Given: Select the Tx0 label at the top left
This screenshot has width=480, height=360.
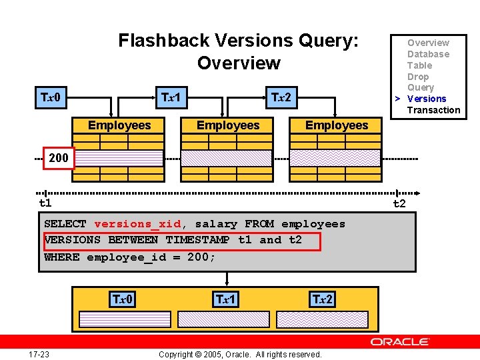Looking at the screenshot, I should [x=51, y=98].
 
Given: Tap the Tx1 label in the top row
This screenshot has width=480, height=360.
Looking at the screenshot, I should [x=171, y=98].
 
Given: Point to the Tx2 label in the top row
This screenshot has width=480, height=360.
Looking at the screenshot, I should [x=281, y=98].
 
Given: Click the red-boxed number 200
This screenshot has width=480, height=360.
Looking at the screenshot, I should [x=59, y=158].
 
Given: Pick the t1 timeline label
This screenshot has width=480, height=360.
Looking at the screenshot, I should [x=45, y=203].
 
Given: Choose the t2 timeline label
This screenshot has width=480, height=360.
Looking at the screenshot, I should [x=399, y=203].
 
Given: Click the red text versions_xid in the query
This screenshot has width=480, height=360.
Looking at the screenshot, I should [x=137, y=224].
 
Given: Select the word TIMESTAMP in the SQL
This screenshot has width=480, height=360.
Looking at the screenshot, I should [x=198, y=240].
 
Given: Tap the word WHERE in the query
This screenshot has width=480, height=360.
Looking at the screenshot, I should [x=61, y=257].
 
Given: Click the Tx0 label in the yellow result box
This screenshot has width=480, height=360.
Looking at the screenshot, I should [x=122, y=299].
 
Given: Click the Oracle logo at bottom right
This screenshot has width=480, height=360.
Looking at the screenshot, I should [x=400, y=342].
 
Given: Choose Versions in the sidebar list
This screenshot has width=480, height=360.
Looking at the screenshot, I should [x=427, y=99].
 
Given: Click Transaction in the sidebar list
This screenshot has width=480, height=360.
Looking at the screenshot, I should [x=433, y=110].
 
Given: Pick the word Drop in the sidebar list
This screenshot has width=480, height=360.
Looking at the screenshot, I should [x=418, y=77].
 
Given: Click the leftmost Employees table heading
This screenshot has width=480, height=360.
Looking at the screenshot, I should [x=119, y=125].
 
